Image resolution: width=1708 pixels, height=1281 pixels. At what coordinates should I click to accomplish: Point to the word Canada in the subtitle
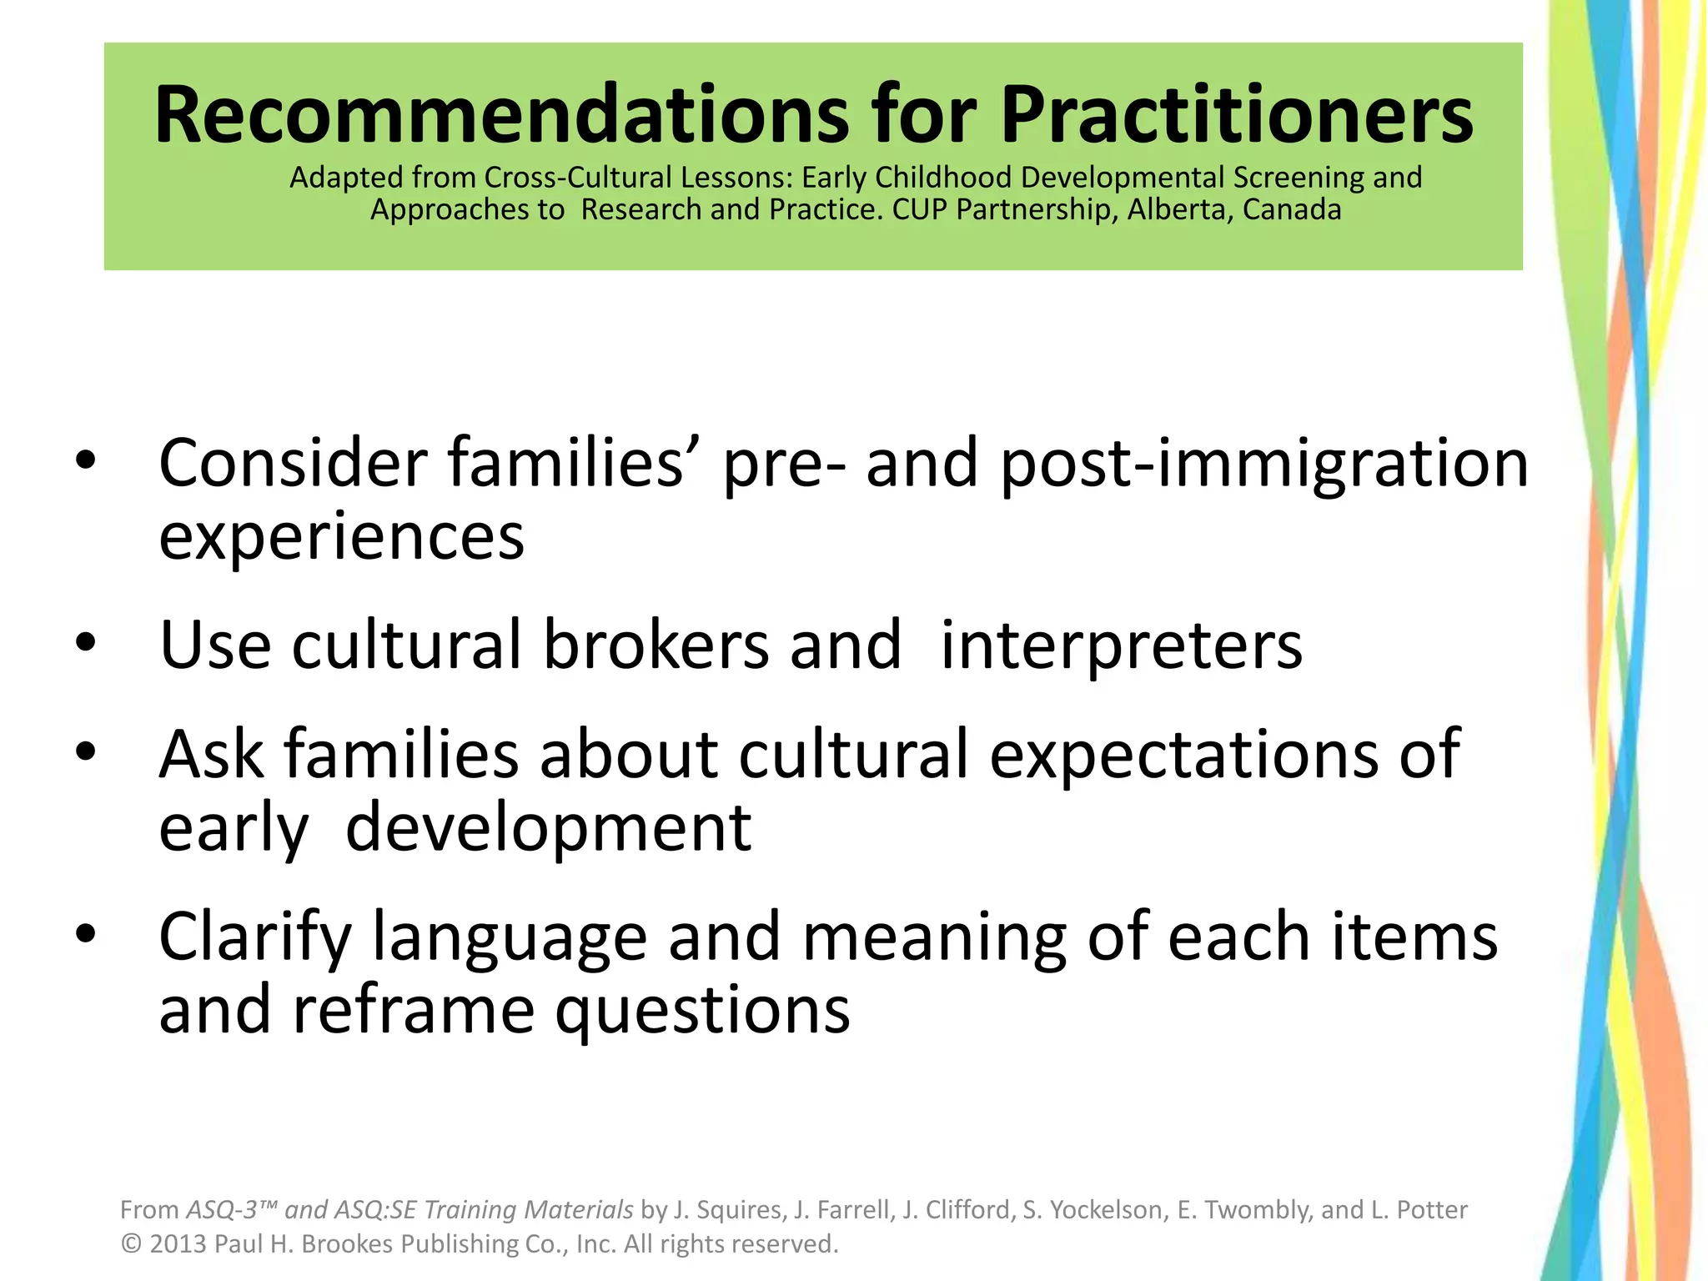1292,209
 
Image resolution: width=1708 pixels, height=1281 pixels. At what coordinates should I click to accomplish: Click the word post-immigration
1264,465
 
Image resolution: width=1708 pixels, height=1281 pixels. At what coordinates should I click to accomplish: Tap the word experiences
341,538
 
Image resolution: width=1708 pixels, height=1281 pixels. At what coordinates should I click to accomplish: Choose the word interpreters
1121,646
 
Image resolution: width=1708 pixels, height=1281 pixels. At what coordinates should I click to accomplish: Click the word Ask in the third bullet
211,754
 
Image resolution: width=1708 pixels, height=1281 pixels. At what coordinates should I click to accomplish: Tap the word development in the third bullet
548,828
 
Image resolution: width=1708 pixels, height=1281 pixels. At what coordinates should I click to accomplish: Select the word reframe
414,1010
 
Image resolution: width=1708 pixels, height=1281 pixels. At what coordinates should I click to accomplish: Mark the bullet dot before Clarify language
86,935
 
